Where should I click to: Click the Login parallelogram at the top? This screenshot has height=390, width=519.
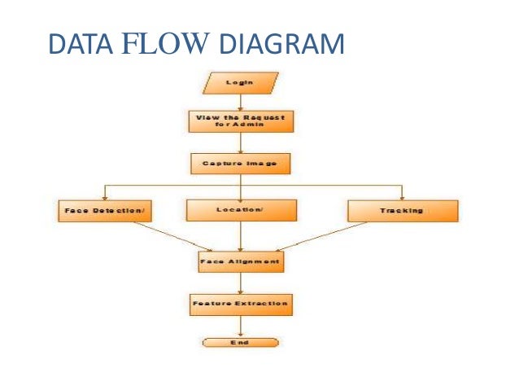(240, 83)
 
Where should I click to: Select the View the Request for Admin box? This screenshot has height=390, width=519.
(240, 121)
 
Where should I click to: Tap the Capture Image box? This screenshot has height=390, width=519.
(240, 164)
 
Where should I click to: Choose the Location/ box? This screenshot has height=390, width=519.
(240, 211)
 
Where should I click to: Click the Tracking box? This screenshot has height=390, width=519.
(403, 211)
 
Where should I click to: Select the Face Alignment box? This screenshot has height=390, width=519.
(240, 262)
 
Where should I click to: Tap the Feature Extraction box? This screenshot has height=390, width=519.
(240, 305)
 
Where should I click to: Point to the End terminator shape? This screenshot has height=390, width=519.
(240, 343)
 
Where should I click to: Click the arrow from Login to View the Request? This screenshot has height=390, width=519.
(240, 101)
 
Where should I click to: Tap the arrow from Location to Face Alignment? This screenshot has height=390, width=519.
(240, 236)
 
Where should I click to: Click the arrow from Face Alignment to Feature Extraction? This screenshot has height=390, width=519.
(240, 283)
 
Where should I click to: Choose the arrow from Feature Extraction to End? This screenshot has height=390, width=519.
(240, 326)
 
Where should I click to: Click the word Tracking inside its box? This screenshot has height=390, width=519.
(402, 211)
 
